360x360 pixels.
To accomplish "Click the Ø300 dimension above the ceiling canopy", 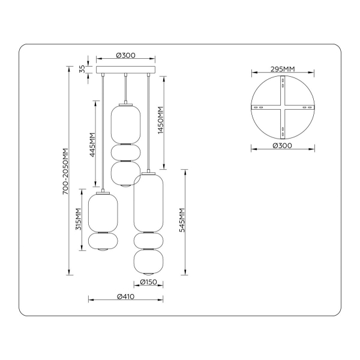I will coord(125,55).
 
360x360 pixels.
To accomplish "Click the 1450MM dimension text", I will coord(160,121).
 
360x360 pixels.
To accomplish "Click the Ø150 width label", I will coord(148,281).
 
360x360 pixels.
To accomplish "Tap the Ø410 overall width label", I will coord(125,296).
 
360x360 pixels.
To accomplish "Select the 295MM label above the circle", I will coord(282,70).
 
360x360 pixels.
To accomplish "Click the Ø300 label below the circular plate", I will coord(282,146).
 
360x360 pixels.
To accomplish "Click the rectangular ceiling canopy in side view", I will coord(125,70).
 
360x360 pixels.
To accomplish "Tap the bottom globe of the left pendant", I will coord(103,241).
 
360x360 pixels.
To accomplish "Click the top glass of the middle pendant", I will coord(125,124).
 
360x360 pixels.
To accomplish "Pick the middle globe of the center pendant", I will coord(125,152).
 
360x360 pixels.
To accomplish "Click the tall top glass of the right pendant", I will coord(148,202).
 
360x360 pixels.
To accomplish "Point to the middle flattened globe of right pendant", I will coord(148,241).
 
